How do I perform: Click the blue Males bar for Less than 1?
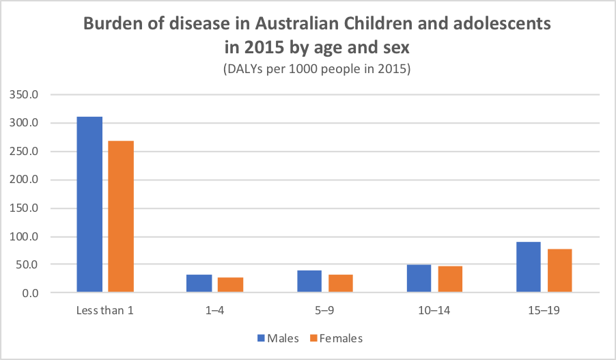click(89, 205)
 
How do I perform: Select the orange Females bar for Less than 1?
click(121, 217)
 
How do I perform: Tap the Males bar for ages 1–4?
click(199, 284)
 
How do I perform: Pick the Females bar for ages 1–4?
click(230, 286)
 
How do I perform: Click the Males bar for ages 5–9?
click(309, 281)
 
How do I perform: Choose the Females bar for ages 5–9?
click(340, 284)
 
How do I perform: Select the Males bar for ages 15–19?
click(528, 268)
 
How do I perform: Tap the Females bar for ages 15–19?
click(559, 271)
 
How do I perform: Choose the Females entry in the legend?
click(336, 337)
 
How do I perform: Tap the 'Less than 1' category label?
click(105, 311)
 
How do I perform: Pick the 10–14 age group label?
click(434, 311)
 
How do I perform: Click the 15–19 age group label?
click(544, 311)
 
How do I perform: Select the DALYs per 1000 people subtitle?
click(315, 70)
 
